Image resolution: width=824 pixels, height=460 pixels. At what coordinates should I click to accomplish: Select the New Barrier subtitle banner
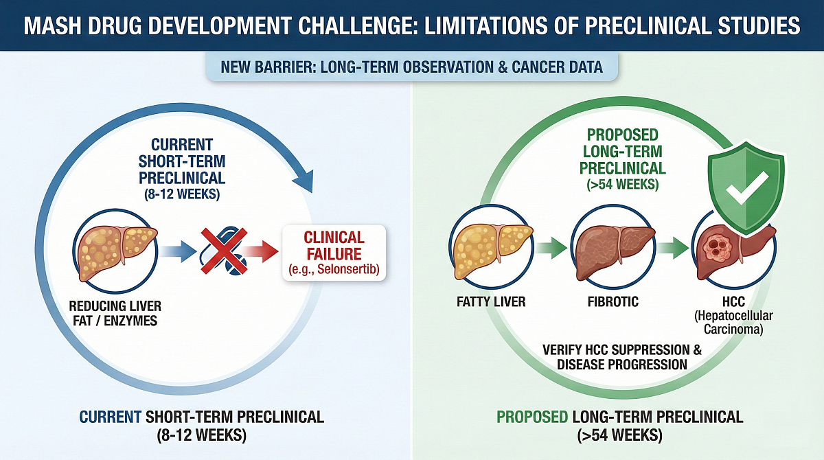click(412, 68)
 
